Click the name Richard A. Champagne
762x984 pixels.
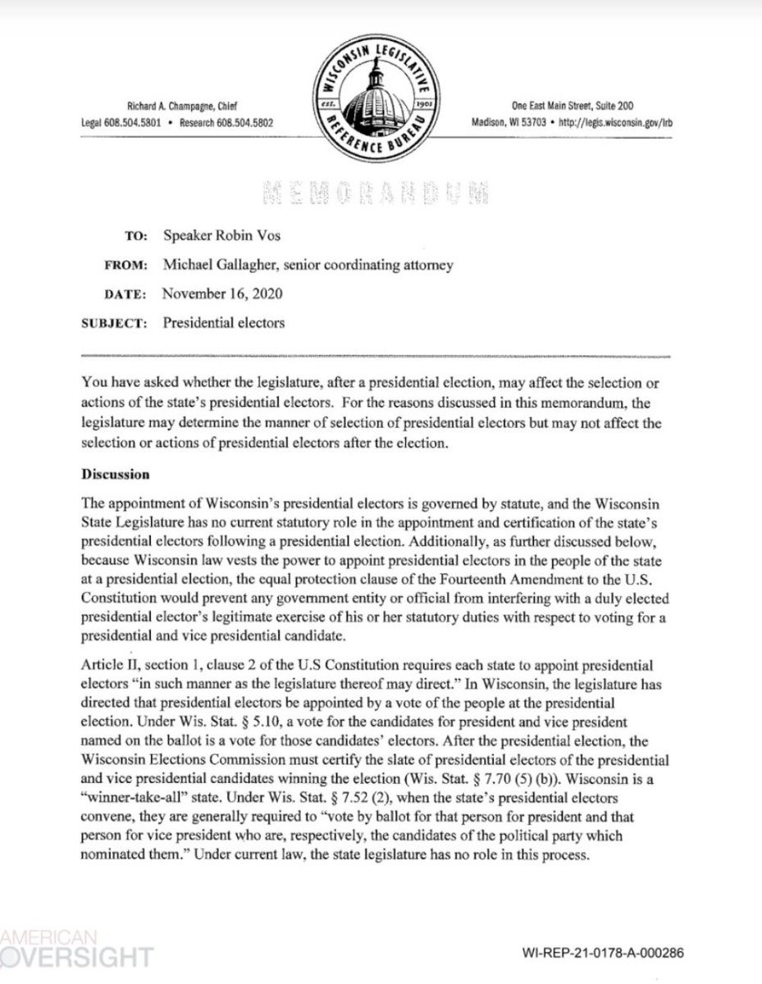(176, 106)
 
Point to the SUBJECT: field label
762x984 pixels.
(116, 322)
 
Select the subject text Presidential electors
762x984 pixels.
(223, 322)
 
